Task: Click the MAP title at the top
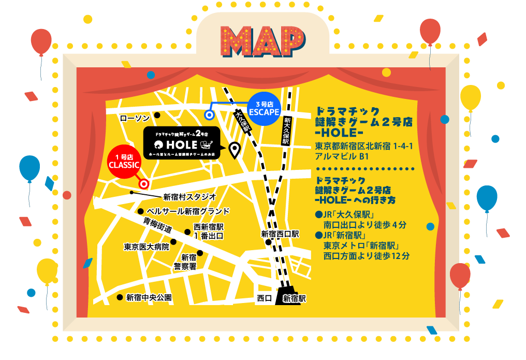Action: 264,41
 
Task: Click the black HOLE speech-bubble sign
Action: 180,143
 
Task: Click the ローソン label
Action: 135,119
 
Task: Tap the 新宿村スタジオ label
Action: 189,197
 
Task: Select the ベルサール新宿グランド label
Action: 188,211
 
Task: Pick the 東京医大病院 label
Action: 147,247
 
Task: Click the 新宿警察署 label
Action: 185,262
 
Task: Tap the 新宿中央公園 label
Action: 149,298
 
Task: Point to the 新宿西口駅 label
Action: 280,234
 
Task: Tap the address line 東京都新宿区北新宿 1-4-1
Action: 363,147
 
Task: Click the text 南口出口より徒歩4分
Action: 365,225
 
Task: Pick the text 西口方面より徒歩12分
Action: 367,256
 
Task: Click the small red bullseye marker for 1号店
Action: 144,184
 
